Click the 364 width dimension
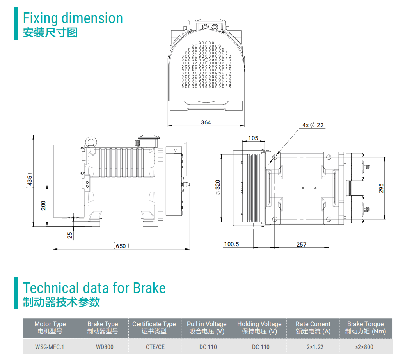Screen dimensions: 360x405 [x=206, y=122]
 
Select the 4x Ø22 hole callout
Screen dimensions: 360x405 [x=313, y=125]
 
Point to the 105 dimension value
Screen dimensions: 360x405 [x=253, y=138]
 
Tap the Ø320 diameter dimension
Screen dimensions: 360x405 [x=218, y=187]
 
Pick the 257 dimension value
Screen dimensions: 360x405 [x=301, y=245]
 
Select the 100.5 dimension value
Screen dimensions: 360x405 [x=231, y=245]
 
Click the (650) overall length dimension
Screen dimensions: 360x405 [x=121, y=246]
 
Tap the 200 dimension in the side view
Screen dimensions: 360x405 [x=43, y=205]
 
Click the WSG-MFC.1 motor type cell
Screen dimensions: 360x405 [x=50, y=347]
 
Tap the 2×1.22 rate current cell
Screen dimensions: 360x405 [x=313, y=347]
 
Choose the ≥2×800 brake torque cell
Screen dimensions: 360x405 [x=365, y=347]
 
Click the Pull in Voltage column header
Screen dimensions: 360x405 [x=206, y=328]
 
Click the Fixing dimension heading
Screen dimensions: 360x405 [x=73, y=18]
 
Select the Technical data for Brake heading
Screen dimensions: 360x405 [x=94, y=288]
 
